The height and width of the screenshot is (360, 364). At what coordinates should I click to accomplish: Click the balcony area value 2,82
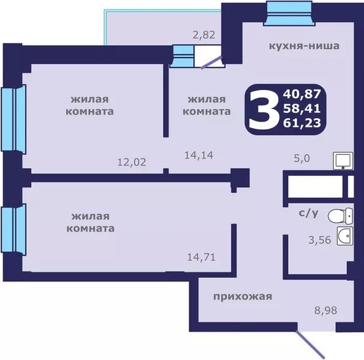(204, 36)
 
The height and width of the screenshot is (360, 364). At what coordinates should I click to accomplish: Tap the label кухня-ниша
(304, 46)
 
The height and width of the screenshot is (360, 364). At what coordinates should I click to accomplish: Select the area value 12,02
(132, 162)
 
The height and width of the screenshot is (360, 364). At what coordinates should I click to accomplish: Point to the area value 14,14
(199, 155)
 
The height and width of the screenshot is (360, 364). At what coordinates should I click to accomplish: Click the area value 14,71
(202, 257)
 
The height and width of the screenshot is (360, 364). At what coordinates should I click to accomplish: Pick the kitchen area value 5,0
(301, 159)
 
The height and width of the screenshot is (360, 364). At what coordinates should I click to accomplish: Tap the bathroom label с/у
(308, 213)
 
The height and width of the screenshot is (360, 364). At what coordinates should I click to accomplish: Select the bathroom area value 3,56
(320, 240)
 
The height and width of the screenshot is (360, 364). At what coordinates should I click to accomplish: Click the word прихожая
(243, 297)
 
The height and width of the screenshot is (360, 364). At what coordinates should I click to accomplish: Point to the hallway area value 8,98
(325, 310)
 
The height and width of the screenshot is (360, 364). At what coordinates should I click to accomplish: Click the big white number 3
(264, 109)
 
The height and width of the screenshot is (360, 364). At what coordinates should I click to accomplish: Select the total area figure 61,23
(301, 123)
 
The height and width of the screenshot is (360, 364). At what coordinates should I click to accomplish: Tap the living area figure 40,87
(301, 94)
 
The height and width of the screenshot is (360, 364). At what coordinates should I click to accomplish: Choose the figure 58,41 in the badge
(301, 108)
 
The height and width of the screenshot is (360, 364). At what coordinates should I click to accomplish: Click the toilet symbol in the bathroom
(340, 216)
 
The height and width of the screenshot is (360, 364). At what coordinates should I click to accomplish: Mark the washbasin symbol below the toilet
(345, 236)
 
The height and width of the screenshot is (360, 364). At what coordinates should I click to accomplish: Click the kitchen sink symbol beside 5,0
(343, 160)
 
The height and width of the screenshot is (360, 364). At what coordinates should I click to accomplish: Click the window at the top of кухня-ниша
(289, 13)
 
